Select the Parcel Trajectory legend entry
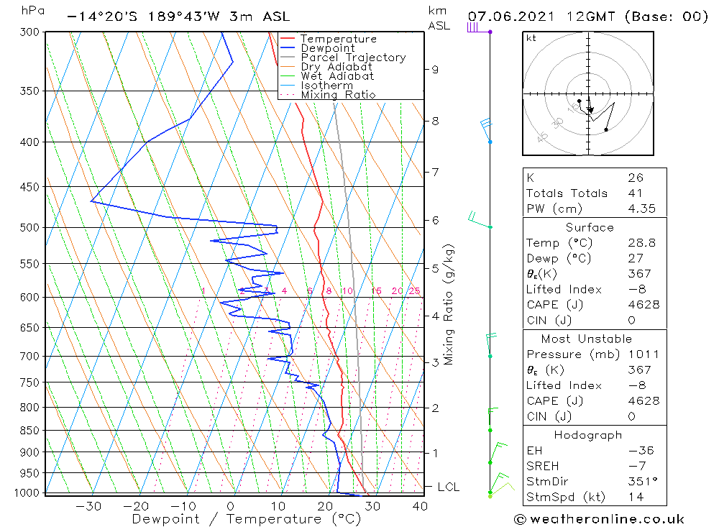(353, 58)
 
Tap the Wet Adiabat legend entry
(337, 76)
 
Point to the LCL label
(448, 487)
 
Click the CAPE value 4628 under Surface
(644, 305)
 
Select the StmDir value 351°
(641, 482)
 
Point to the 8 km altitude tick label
(435, 121)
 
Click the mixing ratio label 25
(414, 291)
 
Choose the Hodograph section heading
(589, 435)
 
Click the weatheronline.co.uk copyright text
(600, 519)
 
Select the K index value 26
(635, 178)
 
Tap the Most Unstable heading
(587, 339)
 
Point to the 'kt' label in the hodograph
(531, 38)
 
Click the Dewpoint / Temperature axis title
(247, 519)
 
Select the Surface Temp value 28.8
(641, 243)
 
